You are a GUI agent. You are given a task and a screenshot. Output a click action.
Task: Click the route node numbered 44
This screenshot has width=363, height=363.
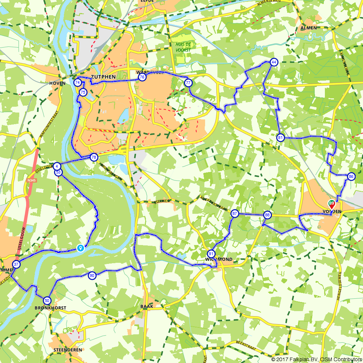click(274, 62)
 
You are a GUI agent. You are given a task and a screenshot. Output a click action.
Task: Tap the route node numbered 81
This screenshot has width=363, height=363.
click(280, 138)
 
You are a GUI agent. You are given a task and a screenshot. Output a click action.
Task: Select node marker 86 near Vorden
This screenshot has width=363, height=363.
click(351, 176)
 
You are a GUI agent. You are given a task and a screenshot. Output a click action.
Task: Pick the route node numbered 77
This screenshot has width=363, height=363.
click(188, 83)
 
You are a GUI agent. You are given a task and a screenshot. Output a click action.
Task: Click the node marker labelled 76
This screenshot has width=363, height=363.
click(142, 77)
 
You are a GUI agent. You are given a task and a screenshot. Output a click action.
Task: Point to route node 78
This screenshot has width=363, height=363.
click(94, 157)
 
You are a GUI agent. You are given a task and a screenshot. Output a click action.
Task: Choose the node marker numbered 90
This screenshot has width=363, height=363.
click(91, 276)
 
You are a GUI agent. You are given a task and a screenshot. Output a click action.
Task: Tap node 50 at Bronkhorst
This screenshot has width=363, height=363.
click(47, 301)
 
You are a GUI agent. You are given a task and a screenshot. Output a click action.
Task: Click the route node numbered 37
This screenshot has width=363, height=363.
click(16, 264)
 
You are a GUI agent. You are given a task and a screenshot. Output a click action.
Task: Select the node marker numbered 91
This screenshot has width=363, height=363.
click(211, 253)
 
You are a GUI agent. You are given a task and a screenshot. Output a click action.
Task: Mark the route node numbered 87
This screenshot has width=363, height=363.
click(234, 213)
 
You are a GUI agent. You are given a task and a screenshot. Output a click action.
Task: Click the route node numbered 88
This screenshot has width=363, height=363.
click(267, 215)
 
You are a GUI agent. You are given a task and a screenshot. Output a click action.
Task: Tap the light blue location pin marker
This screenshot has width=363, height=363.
click(80, 248)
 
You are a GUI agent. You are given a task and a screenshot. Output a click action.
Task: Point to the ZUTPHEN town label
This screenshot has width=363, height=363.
click(103, 77)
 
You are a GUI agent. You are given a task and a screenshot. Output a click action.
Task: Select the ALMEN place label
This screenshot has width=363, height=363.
click(309, 28)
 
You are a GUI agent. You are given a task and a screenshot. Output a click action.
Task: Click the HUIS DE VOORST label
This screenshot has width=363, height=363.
click(182, 47)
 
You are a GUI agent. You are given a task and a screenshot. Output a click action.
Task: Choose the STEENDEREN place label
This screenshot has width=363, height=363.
click(68, 350)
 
